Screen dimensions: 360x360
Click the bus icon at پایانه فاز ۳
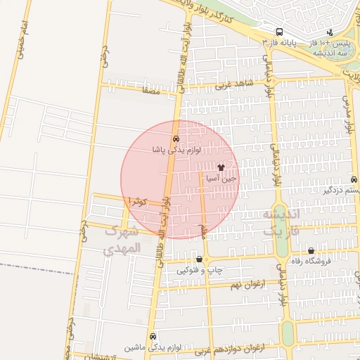point(280,32)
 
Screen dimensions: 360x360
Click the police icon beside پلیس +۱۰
point(330,32)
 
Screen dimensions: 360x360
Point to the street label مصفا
point(151,90)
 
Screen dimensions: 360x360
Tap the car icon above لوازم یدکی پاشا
point(175,139)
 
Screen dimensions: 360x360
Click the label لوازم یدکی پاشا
point(176,150)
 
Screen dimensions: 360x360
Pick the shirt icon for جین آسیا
point(221,168)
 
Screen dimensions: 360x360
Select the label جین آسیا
point(221,179)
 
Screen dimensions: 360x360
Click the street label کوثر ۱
point(136,202)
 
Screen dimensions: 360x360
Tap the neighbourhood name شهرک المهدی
point(122,240)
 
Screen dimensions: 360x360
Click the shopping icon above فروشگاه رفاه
point(311,251)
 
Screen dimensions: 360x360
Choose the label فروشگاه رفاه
point(311,262)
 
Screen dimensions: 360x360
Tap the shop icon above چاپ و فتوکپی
point(200,259)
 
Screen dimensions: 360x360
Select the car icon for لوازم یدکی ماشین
point(153,337)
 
